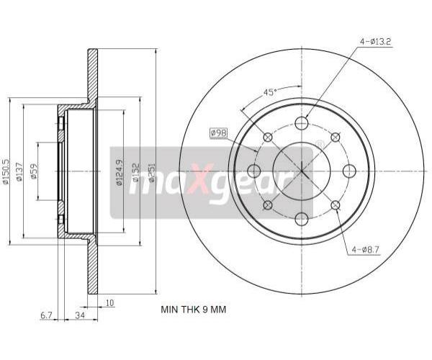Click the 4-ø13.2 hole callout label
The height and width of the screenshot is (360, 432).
376,42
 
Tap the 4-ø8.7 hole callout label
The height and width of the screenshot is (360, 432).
366,250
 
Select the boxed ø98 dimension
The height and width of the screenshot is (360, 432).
218,133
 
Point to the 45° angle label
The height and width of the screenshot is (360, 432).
270,92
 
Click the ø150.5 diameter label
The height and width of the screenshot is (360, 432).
6,171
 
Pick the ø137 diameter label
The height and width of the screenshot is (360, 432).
19,172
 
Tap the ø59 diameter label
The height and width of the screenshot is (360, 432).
34,171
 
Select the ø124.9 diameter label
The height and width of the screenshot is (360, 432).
120,172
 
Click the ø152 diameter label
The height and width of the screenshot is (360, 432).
136,172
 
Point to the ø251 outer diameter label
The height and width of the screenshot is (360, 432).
152,172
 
